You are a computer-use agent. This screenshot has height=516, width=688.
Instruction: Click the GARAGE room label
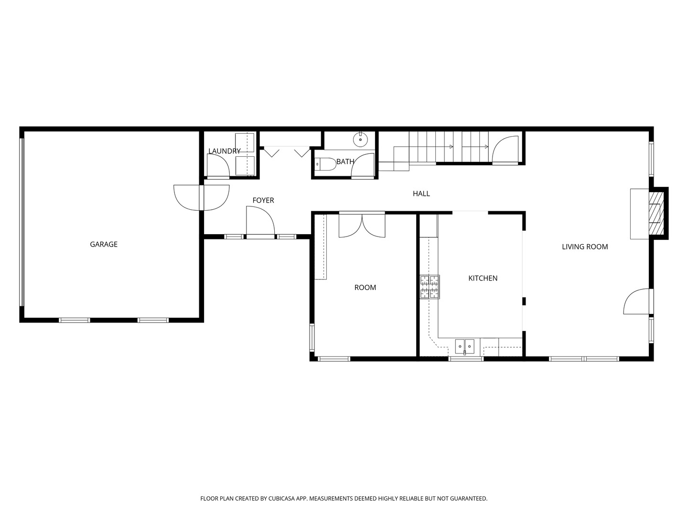tap(103, 244)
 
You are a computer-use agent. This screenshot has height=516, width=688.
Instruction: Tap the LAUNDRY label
tap(225, 151)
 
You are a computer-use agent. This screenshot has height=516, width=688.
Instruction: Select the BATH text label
tap(345, 161)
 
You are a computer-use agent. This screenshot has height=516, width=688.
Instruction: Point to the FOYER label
tap(263, 200)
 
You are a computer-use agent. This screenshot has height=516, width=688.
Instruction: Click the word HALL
tap(421, 193)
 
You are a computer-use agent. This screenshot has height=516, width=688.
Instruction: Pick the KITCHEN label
tap(483, 278)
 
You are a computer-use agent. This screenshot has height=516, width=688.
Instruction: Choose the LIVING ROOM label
tap(585, 247)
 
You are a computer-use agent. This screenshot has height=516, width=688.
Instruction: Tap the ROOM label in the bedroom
tap(365, 288)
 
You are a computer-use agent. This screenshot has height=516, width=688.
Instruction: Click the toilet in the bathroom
tap(325, 164)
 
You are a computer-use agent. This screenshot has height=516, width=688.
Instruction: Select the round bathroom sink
tap(360, 140)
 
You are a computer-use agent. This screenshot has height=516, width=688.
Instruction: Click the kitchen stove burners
tap(430, 287)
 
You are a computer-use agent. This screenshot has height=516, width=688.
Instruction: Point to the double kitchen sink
tap(465, 346)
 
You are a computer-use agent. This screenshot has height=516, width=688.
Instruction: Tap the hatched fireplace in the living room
tap(656, 214)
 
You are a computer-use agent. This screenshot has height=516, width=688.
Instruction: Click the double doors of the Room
tap(362, 225)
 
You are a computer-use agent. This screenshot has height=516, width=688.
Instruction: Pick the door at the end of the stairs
tap(505, 150)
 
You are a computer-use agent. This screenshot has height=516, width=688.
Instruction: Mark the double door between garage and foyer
tap(202, 198)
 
